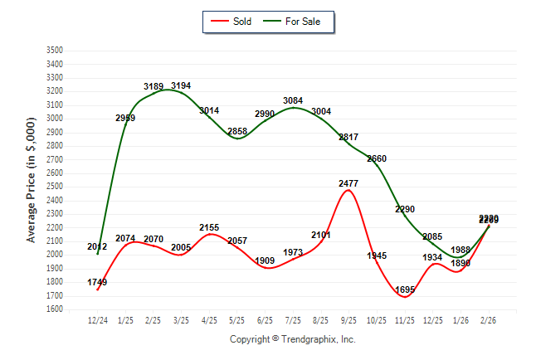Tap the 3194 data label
point(181,85)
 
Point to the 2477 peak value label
point(348,182)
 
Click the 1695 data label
point(406,289)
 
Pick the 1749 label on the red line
point(96,283)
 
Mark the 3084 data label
point(293,101)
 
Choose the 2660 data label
point(377,158)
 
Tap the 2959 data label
point(125,119)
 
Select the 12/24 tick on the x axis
point(98,319)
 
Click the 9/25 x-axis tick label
point(348,319)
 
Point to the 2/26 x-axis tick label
point(488,319)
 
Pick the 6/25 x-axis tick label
point(265,319)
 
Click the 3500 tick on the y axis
point(55,51)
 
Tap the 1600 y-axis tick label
point(55,309)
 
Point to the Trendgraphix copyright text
point(292,339)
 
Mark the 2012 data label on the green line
point(97,247)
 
